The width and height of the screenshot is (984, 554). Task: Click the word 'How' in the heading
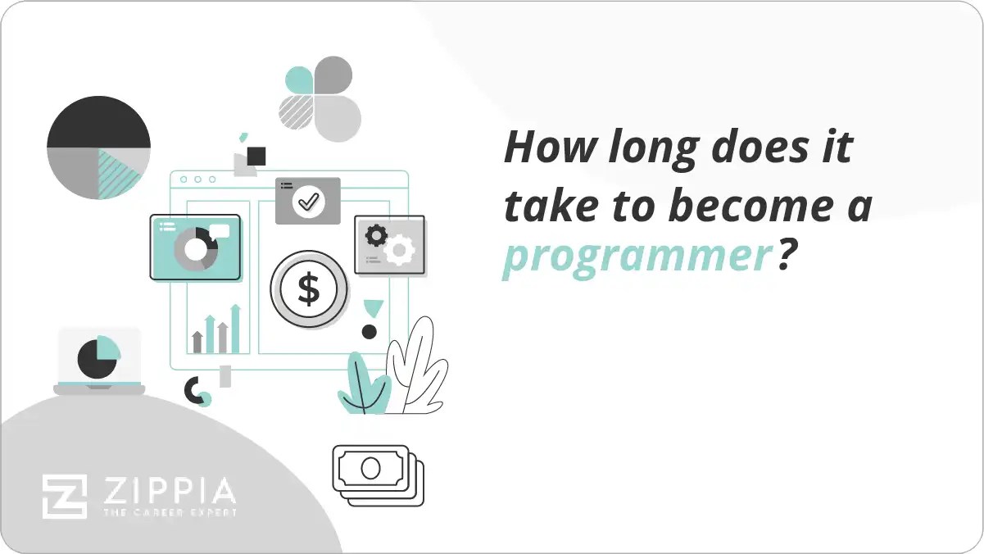(x=544, y=148)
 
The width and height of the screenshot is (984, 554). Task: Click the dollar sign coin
(x=309, y=289)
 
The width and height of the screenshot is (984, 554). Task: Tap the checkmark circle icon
(x=308, y=200)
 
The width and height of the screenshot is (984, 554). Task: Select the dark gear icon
(x=376, y=236)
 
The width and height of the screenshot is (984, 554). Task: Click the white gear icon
(x=400, y=250)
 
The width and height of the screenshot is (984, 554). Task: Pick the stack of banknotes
(x=378, y=475)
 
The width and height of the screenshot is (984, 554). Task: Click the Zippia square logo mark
(x=65, y=497)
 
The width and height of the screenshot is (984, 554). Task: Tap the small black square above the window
(x=256, y=156)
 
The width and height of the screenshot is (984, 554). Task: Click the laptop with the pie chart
(x=99, y=361)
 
